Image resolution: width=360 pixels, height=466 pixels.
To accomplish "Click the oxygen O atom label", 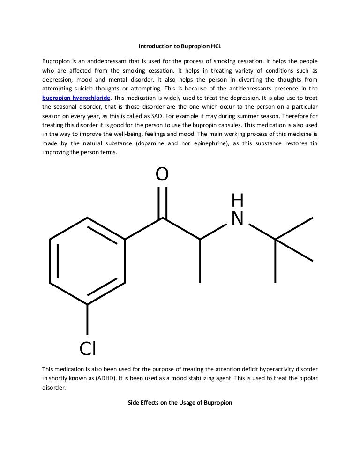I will tap(162, 174).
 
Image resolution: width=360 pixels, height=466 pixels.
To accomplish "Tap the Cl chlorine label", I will tap(88, 348).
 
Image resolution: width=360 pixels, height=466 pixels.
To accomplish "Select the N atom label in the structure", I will tap(238, 218).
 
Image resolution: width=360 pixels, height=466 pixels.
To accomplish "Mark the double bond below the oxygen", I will tap(162, 202).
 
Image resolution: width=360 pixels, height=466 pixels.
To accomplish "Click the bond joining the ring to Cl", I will tap(88, 321).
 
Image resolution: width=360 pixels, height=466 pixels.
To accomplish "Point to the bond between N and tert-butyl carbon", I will tap(261, 232).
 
